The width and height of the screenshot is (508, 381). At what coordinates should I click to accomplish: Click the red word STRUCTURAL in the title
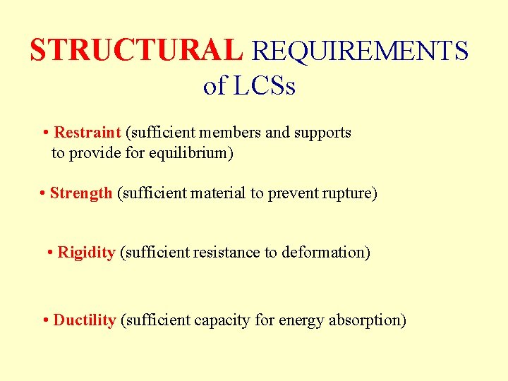coord(136,50)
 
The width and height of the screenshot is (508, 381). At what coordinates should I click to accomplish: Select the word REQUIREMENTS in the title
coord(360,51)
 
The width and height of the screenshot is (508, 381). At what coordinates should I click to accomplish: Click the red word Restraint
coord(87,133)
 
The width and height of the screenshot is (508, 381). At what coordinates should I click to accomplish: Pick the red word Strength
coord(81,193)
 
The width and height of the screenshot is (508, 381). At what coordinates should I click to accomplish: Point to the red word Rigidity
coord(86,253)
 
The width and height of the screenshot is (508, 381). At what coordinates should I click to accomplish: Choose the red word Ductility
coord(84,320)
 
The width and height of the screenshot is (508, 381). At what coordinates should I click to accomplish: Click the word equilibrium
coord(188,153)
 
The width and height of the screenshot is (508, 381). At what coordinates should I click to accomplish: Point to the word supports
coord(322,133)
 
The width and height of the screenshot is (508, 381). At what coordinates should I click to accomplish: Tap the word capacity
coord(222,320)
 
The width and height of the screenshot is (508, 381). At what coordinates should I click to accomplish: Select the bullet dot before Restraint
coord(45,133)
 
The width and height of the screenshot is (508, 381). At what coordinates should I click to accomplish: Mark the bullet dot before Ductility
coord(45,321)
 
